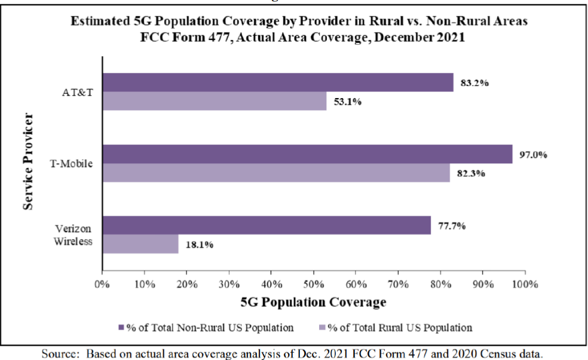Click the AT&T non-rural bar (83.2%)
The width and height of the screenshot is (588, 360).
pyautogui.click(x=278, y=83)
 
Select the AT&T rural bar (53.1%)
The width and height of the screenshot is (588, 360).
pyautogui.click(x=215, y=101)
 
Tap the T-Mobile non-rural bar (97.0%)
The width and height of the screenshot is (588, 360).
pyautogui.click(x=307, y=154)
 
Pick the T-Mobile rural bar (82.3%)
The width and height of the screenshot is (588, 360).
pyautogui.click(x=276, y=173)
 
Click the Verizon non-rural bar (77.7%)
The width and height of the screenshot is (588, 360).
pyautogui.click(x=267, y=225)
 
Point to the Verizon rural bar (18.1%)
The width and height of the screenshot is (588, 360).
pyautogui.click(x=140, y=244)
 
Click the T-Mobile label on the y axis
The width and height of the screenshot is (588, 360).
pyautogui.click(x=75, y=163)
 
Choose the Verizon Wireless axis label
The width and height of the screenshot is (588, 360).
pyautogui.click(x=75, y=235)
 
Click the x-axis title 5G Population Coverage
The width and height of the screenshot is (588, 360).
pyautogui.click(x=314, y=303)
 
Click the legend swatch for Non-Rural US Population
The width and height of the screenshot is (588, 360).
pyautogui.click(x=122, y=328)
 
